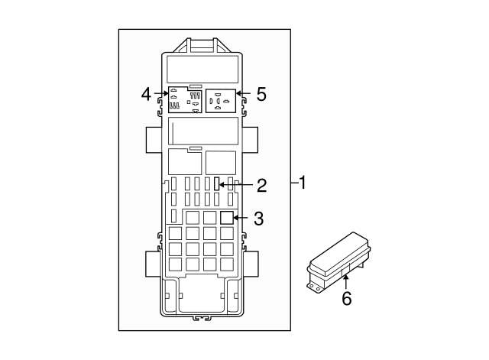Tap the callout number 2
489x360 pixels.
(261, 185)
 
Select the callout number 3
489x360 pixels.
(258, 219)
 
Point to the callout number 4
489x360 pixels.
(146, 94)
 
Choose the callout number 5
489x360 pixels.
(261, 94)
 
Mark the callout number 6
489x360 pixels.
(346, 299)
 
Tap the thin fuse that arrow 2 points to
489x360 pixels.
(218, 184)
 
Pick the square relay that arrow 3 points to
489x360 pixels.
(226, 218)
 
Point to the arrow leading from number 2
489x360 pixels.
(237, 185)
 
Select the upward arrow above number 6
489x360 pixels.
(346, 281)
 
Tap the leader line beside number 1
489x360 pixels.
(294, 183)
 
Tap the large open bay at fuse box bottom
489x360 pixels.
(202, 295)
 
